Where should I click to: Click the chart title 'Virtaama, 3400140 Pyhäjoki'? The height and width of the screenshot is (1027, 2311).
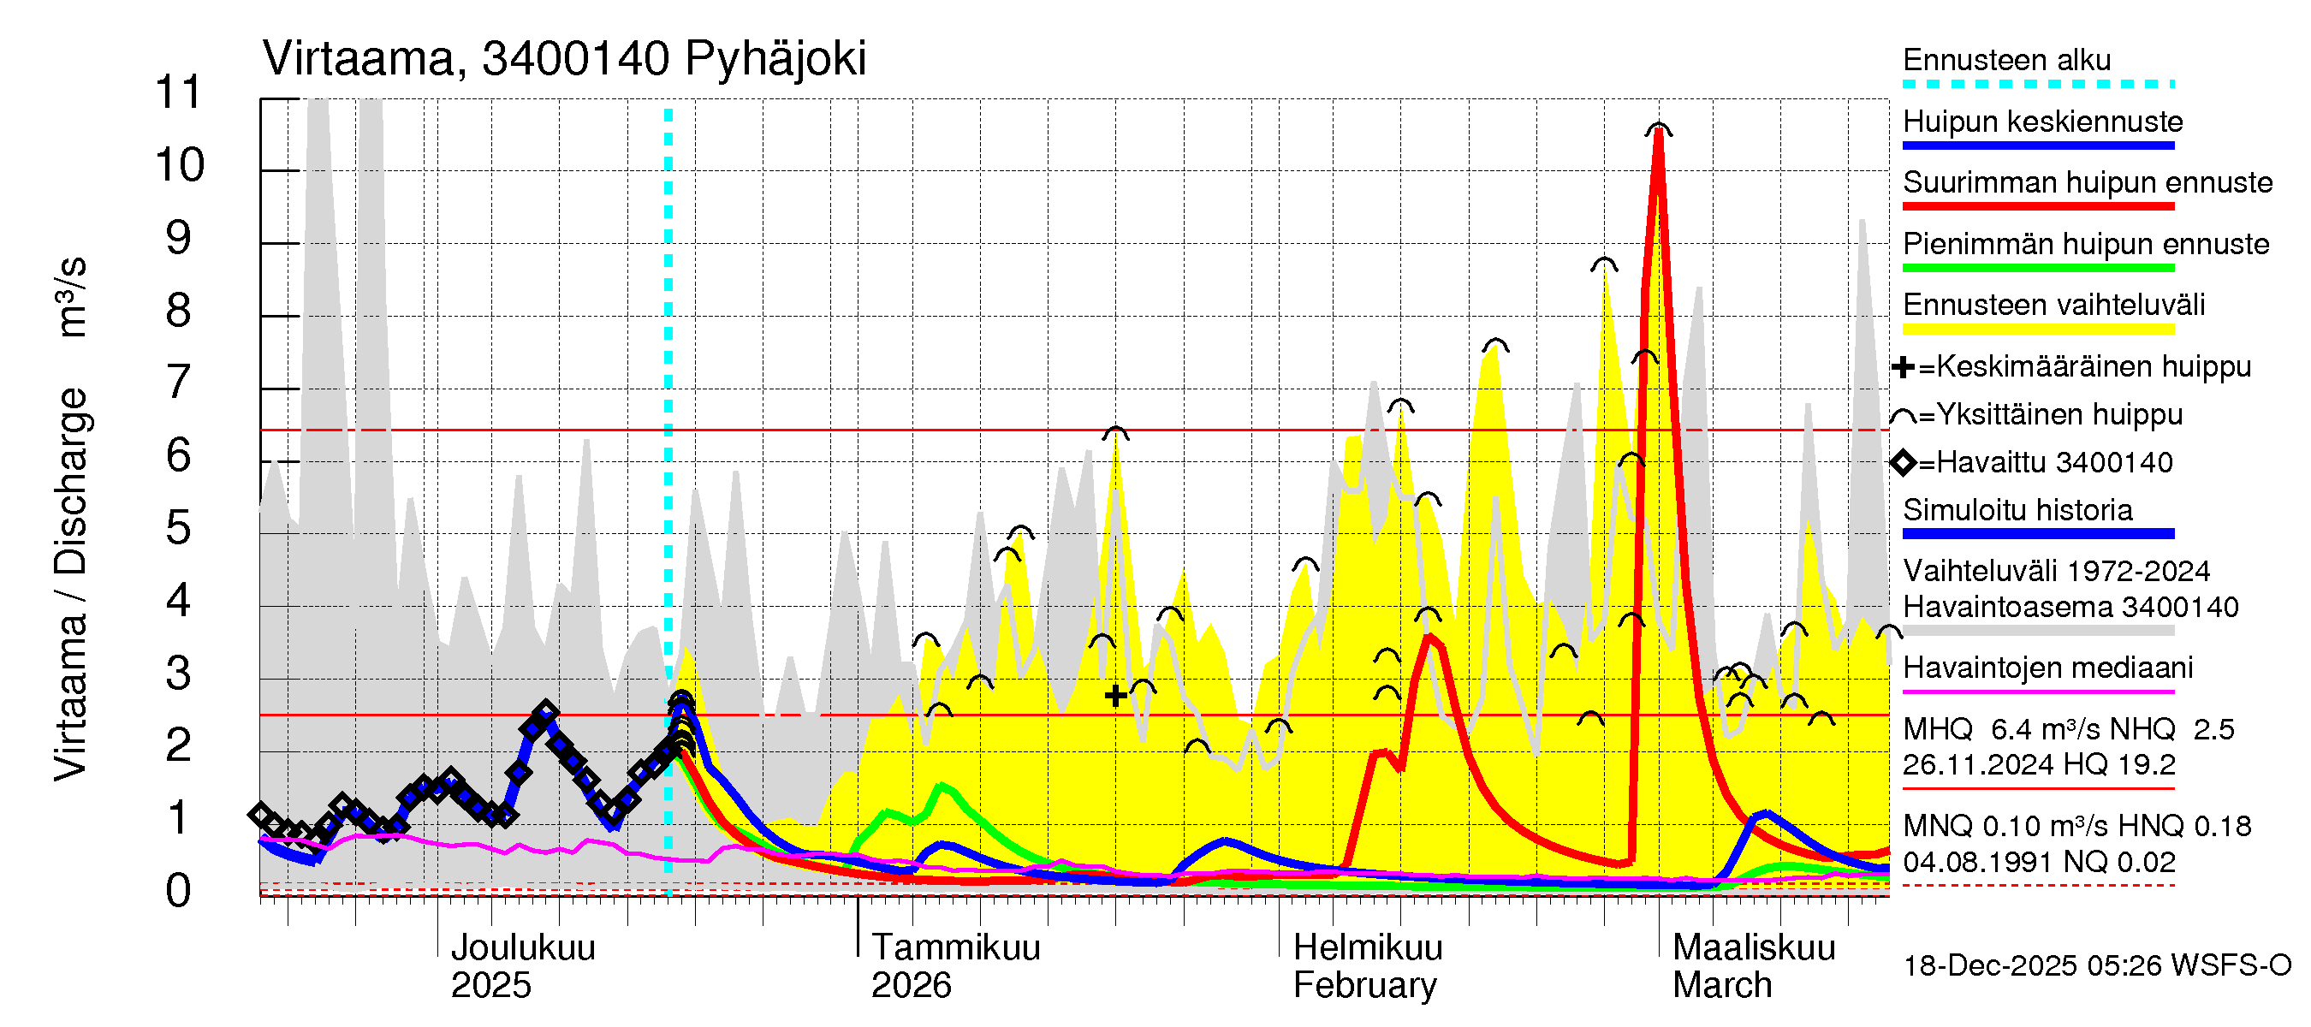point(564,59)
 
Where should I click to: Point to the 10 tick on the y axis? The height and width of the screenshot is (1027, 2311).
point(180,166)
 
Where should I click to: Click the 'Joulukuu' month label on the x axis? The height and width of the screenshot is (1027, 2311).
point(522,948)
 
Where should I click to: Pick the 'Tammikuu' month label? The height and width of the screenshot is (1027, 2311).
point(955,948)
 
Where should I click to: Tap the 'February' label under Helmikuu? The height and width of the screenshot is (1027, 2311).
point(1364,986)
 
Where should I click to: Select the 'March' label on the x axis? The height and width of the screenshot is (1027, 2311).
point(1721,986)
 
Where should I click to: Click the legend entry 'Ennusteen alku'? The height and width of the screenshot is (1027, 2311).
point(2006,61)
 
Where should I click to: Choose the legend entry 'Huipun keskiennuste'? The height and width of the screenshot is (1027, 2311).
point(2043,122)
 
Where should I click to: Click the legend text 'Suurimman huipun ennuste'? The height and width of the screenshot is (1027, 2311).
point(2087,183)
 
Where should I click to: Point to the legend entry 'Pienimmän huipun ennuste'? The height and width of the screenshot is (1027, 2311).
point(2086,244)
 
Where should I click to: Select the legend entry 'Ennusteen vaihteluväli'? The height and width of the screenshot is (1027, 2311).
point(2053,305)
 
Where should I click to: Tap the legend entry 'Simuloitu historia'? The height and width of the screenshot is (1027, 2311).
point(2017,510)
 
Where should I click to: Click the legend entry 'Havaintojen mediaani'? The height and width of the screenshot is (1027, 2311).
point(2047,668)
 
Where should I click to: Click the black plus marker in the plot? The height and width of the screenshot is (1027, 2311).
point(1115,696)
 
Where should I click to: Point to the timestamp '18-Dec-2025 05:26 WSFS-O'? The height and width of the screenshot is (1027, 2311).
point(2096,966)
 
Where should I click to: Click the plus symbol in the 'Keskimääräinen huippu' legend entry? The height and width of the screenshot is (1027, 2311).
point(1903,367)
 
